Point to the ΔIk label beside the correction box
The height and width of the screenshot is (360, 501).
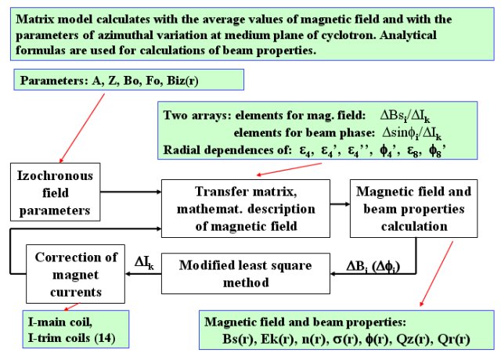(x=144, y=263)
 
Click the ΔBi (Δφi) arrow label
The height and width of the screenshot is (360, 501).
(x=373, y=267)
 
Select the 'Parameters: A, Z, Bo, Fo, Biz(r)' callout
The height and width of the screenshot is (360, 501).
(x=128, y=80)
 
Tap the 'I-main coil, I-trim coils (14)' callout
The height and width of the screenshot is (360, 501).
(x=76, y=329)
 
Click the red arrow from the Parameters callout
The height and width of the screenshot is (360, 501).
(x=82, y=128)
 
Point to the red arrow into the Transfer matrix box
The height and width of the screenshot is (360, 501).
(x=289, y=169)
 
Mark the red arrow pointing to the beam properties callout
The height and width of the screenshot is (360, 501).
(x=436, y=274)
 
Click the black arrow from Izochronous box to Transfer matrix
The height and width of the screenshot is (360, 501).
(x=131, y=192)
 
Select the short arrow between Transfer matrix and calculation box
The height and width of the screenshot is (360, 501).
(x=340, y=203)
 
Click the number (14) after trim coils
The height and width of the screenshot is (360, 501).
(x=105, y=338)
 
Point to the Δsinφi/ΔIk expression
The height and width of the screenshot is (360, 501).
(x=412, y=133)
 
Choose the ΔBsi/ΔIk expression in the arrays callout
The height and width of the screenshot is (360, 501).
(x=405, y=116)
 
